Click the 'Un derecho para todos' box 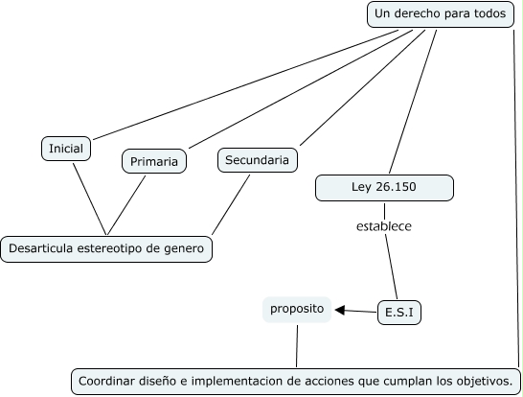(x=441, y=14)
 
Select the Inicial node (x=66, y=149)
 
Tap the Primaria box (x=154, y=161)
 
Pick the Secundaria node (x=257, y=160)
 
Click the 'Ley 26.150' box (x=384, y=188)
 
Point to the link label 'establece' (x=384, y=226)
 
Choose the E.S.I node (x=399, y=313)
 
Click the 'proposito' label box (x=297, y=310)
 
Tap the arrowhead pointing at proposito (x=339, y=310)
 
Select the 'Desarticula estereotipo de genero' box (x=106, y=249)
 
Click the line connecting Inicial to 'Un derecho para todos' (x=245, y=84)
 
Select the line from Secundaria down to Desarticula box (x=231, y=204)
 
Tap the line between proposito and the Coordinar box (x=297, y=346)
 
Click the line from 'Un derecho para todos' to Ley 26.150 (x=413, y=102)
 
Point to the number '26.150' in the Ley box (x=396, y=187)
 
